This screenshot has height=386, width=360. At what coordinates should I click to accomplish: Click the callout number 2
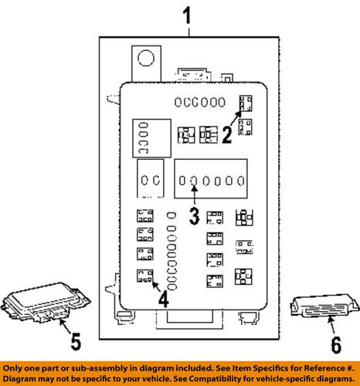[x=227, y=136]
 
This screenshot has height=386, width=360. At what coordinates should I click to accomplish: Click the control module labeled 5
[x=42, y=304]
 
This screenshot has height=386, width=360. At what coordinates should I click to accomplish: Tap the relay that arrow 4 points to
[x=144, y=276]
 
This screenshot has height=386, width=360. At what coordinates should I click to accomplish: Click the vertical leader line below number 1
[x=186, y=31]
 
